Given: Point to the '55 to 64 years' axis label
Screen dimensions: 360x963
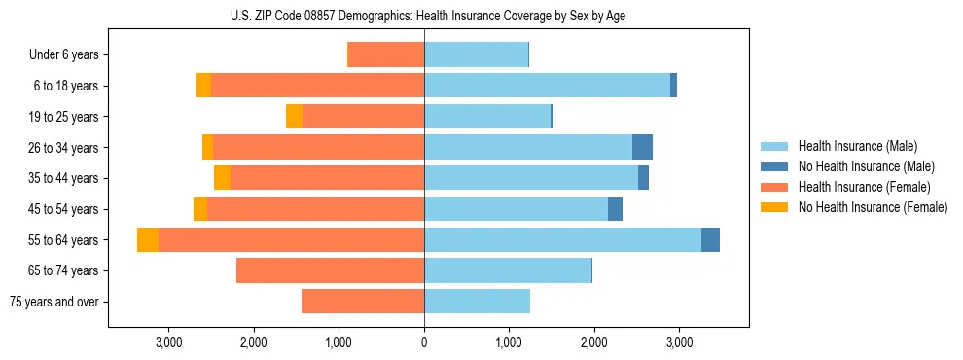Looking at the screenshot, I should point(63,240).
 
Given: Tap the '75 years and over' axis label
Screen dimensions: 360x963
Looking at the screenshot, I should point(53,302).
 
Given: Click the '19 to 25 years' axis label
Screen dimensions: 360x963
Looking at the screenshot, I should point(63,117).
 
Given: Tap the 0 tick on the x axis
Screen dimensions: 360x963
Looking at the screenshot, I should point(424,342).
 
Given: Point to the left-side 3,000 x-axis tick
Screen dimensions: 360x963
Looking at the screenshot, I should point(168,342).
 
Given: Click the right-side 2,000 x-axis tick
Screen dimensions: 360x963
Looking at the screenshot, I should point(594,342).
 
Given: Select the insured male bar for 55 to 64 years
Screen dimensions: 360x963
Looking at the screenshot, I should point(562,240).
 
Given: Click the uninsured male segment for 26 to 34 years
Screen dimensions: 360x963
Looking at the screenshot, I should point(642,147).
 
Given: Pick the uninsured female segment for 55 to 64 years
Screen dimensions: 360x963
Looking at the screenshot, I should point(148,240).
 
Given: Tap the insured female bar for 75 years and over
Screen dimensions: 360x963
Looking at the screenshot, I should point(363,302).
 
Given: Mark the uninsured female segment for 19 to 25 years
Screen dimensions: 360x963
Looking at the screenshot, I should point(294,117).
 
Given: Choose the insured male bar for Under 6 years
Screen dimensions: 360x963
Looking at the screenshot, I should point(476,55).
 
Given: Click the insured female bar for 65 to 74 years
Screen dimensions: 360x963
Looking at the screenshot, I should point(330,270).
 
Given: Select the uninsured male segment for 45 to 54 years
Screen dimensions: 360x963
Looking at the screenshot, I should point(615,209).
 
